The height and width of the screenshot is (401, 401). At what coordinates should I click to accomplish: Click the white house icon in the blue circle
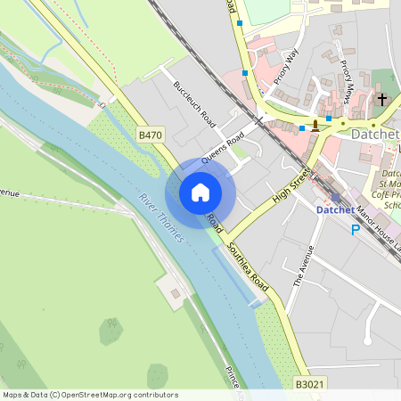200,192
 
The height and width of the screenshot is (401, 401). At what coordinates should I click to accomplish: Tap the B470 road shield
151,135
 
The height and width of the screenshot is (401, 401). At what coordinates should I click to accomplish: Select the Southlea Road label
248,267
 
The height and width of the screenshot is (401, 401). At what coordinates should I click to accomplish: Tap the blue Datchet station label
335,210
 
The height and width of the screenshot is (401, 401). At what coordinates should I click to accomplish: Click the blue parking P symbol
356,229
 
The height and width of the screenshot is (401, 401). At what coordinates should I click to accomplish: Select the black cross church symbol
382,100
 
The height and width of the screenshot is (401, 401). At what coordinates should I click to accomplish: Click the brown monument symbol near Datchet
315,124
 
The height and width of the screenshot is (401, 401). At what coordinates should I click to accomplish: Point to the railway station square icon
335,197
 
